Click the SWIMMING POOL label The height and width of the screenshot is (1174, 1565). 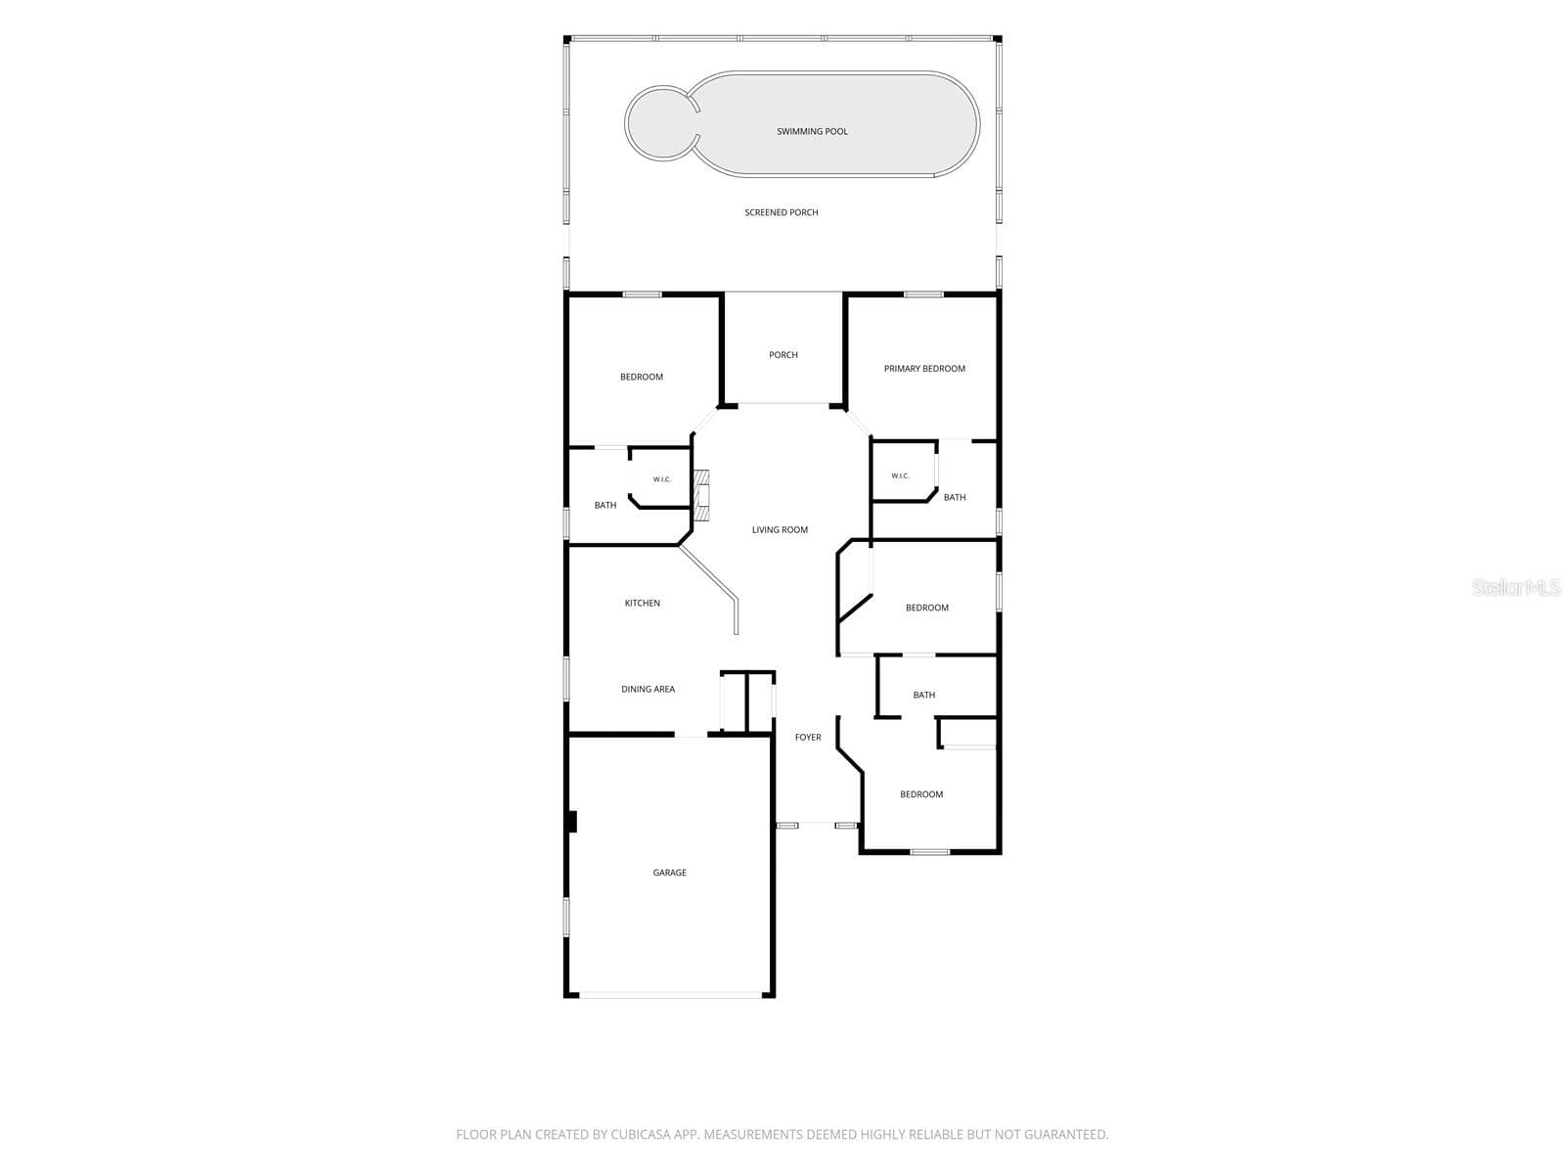pos(812,131)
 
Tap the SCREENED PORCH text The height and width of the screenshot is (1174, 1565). pos(781,212)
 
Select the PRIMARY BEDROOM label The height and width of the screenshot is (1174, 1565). pos(924,369)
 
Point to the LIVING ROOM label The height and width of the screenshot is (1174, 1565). pos(780,529)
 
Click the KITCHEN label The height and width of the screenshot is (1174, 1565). pos(642,603)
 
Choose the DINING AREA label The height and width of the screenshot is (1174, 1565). pos(648,690)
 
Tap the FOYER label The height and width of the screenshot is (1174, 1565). pos(808,737)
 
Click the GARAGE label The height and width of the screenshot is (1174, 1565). pos(669,873)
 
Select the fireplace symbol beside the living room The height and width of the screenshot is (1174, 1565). pos(702,495)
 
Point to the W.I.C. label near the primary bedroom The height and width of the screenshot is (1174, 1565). pos(900,475)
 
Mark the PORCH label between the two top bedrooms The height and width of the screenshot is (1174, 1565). pos(782,355)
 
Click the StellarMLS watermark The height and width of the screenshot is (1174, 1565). pos(1516,587)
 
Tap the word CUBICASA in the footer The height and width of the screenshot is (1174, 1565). pos(639,1134)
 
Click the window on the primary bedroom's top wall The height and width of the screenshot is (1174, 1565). pos(923,294)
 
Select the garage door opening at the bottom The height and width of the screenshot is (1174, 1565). pos(670,994)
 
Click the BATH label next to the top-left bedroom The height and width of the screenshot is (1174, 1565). pos(605,506)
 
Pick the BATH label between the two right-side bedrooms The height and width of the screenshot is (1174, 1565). pos(924,695)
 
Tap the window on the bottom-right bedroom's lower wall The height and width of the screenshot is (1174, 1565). pos(930,851)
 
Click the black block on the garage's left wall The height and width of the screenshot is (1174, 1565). pos(572,822)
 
